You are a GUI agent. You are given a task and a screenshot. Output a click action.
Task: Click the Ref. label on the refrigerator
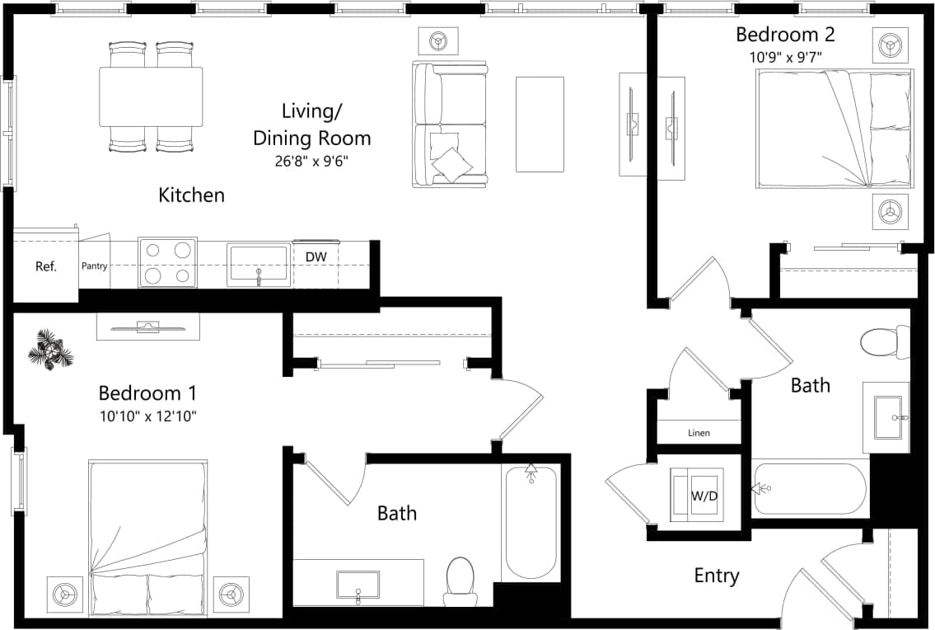click(x=45, y=267)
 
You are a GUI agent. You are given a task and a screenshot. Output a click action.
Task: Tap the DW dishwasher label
click(x=316, y=257)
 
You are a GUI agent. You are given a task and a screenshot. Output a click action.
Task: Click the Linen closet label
click(x=699, y=433)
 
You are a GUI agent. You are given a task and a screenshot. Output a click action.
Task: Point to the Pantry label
click(x=94, y=266)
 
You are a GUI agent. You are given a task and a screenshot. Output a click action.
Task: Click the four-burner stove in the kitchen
click(x=167, y=262)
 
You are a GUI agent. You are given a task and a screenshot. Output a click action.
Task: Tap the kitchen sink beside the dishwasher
click(x=259, y=265)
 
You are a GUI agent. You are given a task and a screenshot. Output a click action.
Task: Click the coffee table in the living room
click(x=540, y=125)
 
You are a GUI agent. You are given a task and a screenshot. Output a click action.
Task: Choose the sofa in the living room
click(x=450, y=124)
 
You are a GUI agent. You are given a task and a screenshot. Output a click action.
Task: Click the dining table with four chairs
click(x=151, y=96)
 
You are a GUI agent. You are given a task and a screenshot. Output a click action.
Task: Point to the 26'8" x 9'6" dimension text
click(x=312, y=162)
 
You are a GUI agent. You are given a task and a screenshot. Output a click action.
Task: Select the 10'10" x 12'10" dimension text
click(x=147, y=416)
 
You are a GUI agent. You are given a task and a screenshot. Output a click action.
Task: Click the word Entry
click(x=716, y=576)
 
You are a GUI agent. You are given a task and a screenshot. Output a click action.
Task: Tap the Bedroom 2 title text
click(x=784, y=35)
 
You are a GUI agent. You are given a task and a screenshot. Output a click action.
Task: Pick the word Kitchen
click(x=191, y=195)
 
